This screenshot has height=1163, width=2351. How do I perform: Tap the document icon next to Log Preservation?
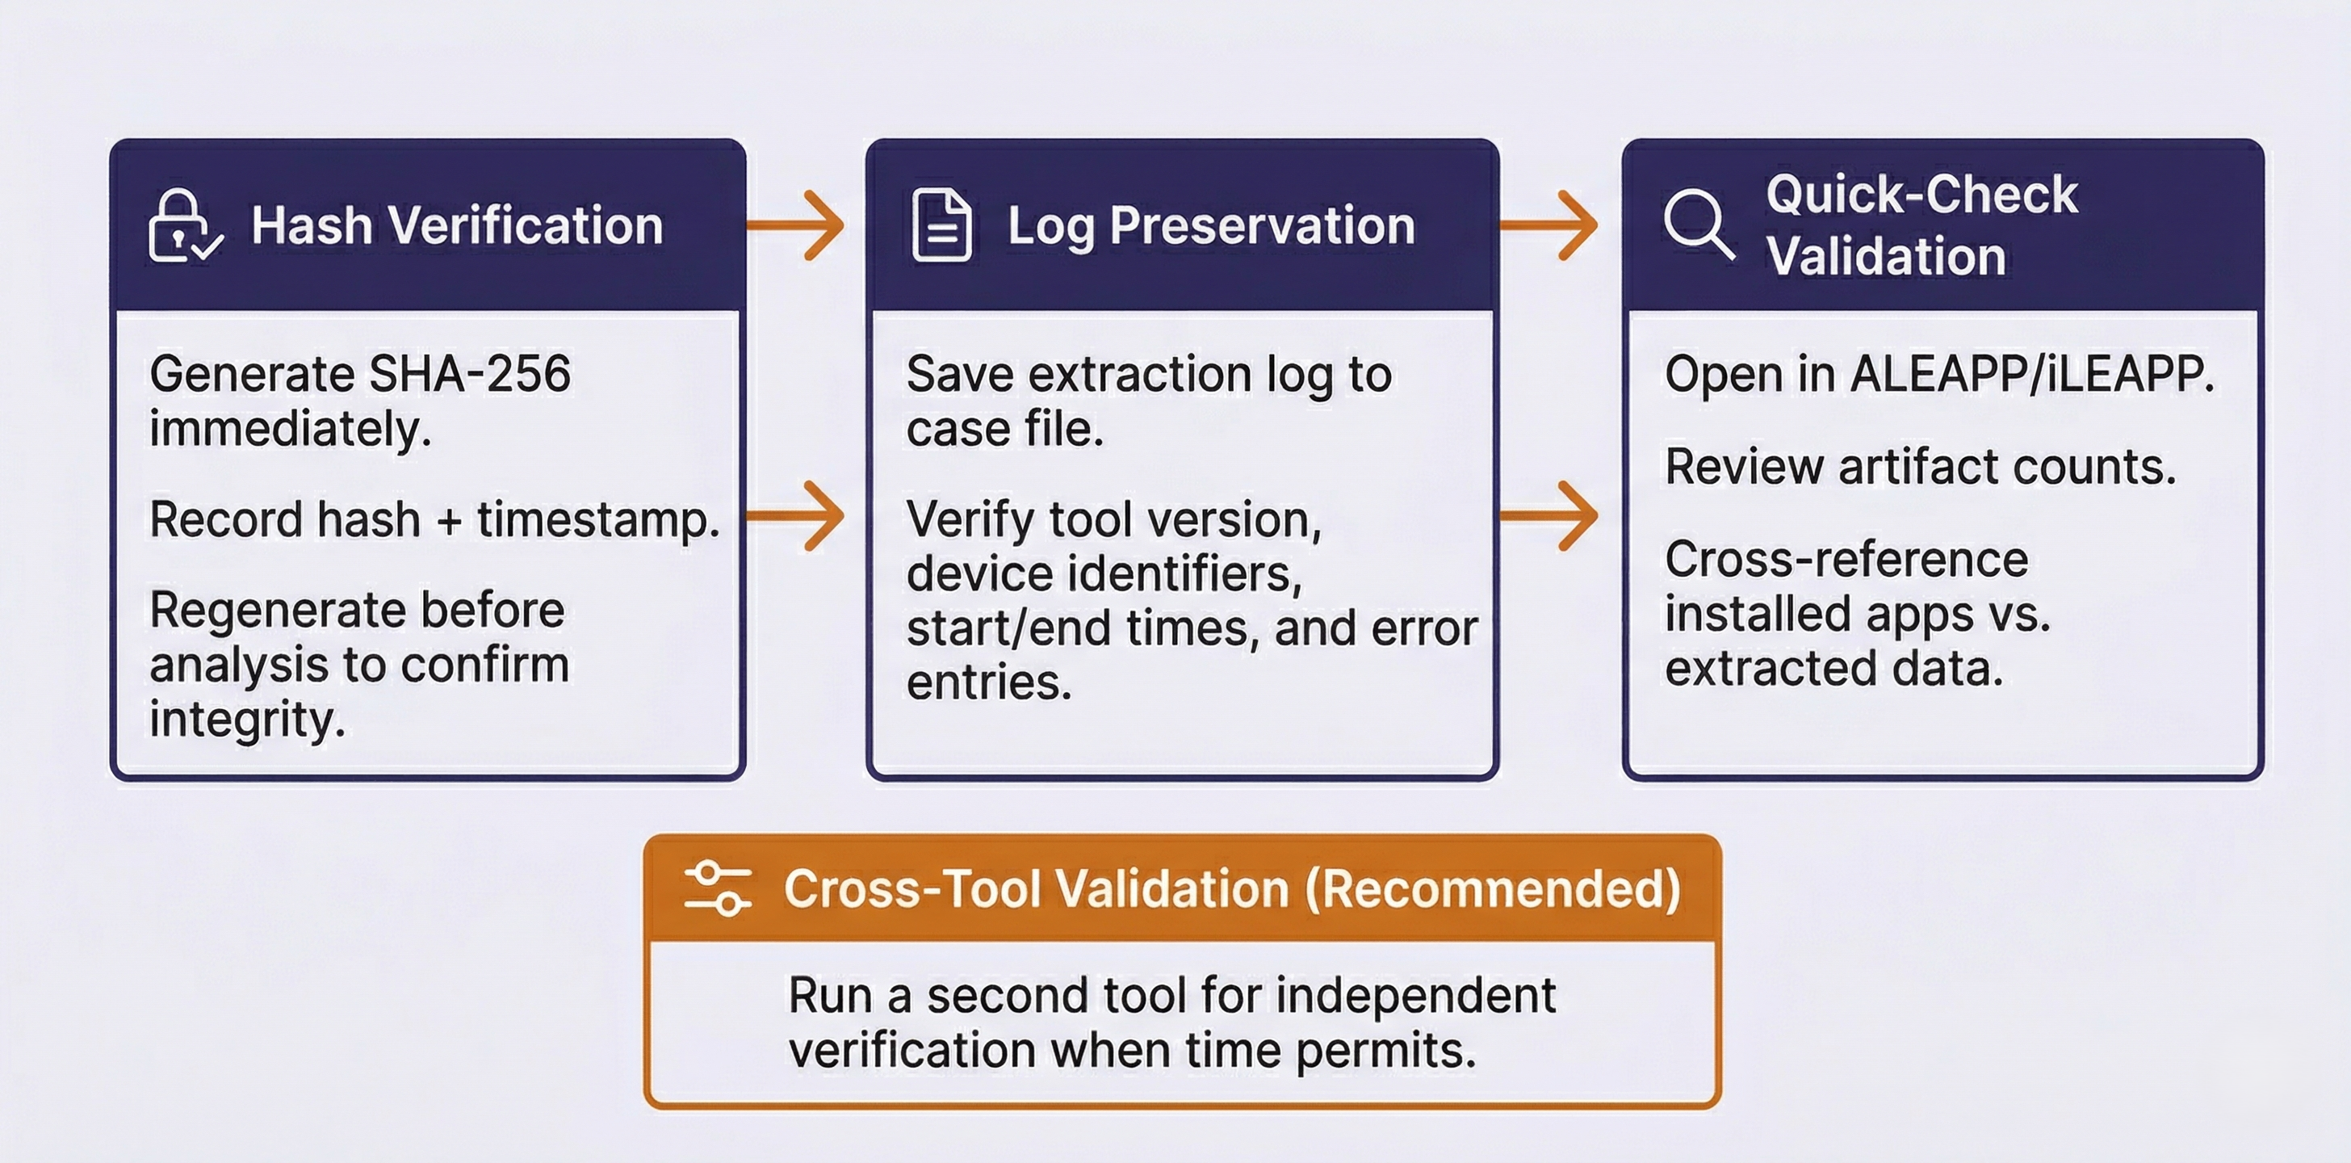pos(941,225)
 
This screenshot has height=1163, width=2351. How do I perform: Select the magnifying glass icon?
pos(1698,225)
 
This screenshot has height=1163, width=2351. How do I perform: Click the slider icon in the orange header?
pos(718,888)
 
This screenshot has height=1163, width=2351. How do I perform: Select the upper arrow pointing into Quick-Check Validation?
pos(1549,225)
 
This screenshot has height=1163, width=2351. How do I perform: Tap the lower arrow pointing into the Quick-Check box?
pos(1549,516)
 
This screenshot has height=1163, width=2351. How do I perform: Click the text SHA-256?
pos(470,374)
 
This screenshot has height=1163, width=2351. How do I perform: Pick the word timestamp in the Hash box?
pos(597,520)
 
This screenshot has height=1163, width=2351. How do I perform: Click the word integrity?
pos(246,720)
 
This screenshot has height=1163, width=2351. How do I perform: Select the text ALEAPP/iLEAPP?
pos(2031,374)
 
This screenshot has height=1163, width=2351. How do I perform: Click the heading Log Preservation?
pos(1210,225)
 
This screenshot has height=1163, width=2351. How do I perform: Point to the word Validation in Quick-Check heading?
pos(1885,255)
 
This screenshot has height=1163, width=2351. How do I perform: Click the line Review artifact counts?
pos(1919,468)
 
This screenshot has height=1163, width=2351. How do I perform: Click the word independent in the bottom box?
pos(1414,996)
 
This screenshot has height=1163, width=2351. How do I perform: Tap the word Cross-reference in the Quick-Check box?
pos(1846,560)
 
